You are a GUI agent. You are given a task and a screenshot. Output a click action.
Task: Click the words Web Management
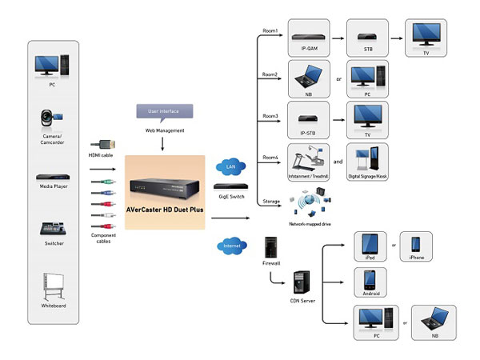pos(163,130)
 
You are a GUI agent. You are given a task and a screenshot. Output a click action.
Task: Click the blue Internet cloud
pos(231,246)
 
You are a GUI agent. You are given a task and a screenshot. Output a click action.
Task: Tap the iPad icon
pos(370,245)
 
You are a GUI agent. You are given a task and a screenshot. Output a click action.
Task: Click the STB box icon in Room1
pos(369,37)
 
